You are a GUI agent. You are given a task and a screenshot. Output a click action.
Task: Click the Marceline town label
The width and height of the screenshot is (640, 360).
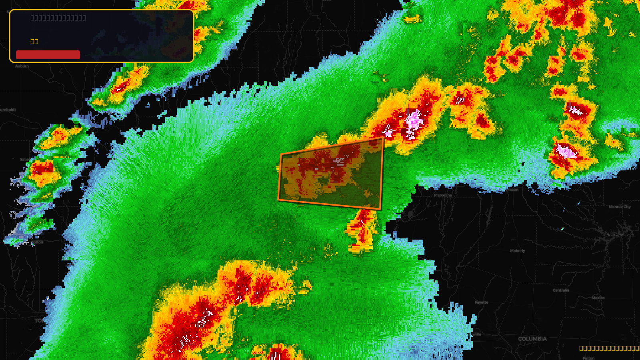click(x=443, y=195)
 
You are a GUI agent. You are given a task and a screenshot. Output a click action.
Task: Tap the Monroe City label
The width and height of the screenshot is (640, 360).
click(x=620, y=207)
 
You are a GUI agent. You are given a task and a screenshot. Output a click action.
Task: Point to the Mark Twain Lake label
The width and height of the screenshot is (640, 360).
click(x=619, y=235)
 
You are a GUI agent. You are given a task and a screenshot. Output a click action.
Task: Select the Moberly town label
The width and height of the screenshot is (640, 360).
click(x=517, y=251)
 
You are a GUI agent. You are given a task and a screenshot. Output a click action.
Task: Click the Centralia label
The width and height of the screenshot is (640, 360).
click(x=561, y=290)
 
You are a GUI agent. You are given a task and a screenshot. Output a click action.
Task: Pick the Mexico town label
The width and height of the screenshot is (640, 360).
click(x=598, y=298)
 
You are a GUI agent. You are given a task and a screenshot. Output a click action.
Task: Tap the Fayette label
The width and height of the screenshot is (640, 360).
click(x=482, y=302)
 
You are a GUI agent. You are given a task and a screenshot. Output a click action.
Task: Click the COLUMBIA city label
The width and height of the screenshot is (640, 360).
click(x=532, y=339)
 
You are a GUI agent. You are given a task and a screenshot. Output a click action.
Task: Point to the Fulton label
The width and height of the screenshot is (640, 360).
click(x=588, y=358)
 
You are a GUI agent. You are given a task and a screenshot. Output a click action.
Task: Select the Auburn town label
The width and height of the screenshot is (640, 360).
click(x=22, y=66)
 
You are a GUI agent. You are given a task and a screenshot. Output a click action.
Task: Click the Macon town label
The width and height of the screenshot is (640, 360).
click(x=512, y=190)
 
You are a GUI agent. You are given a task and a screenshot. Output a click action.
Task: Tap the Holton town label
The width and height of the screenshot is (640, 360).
click(x=37, y=242)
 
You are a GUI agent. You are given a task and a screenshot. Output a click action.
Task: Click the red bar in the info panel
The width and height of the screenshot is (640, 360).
click(x=48, y=55)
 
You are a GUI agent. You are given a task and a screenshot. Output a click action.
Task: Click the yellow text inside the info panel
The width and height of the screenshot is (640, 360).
click(x=34, y=41)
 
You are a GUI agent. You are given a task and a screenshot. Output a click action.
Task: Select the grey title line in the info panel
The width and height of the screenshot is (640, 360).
click(x=58, y=18)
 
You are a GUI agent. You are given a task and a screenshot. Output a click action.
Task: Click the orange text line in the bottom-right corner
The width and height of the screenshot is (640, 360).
click(x=609, y=348)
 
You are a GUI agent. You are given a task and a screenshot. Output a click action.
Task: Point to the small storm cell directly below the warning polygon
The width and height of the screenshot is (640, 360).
click(x=362, y=230)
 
